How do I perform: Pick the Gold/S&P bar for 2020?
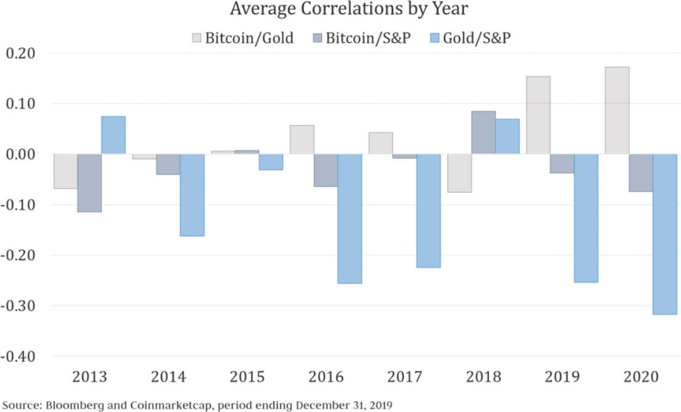click(x=665, y=234)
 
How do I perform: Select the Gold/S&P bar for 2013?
click(x=113, y=135)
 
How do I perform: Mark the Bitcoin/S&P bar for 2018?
click(x=484, y=133)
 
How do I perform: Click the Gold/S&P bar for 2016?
click(x=350, y=219)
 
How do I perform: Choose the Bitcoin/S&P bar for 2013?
click(x=89, y=183)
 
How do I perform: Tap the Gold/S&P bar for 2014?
click(x=192, y=195)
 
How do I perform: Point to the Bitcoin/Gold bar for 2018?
click(x=460, y=173)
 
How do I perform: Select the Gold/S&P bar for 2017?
click(x=429, y=211)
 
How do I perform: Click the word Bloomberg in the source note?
click(x=64, y=405)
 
